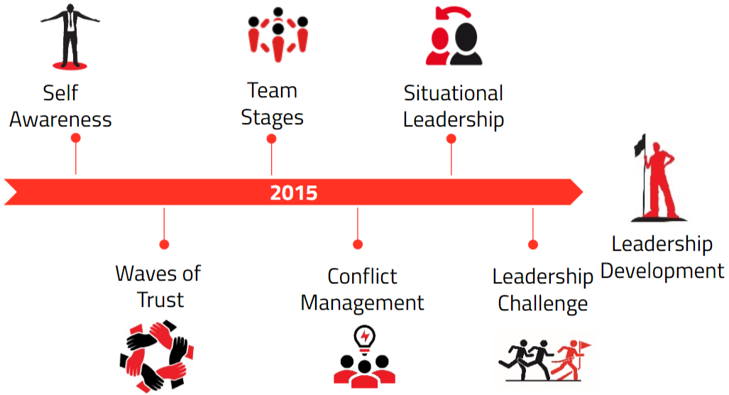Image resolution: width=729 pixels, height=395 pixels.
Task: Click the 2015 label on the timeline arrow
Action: pos(294,193)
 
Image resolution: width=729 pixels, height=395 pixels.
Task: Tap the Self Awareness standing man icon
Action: pos(70,36)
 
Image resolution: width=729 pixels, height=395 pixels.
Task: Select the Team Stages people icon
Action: pos(278,34)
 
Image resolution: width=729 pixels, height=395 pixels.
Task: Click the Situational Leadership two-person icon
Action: pos(454,36)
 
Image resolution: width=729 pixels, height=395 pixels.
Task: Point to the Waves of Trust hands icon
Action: pos(157,356)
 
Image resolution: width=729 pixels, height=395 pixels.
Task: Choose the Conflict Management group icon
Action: pos(365,357)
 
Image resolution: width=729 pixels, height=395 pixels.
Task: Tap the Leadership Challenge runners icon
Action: pos(544,360)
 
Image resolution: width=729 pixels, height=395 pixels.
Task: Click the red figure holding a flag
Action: pos(659,178)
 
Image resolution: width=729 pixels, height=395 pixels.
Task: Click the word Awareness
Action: pos(60,119)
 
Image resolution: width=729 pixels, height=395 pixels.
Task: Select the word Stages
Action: pos(272,118)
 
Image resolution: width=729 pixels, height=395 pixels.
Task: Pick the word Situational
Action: pos(454,93)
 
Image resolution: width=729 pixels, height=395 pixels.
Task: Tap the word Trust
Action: pos(160,300)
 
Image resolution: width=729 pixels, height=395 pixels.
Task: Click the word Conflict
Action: pos(362,276)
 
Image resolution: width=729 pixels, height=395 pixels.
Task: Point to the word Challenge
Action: pos(542,303)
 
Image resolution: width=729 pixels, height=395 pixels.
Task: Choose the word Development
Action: pos(662,271)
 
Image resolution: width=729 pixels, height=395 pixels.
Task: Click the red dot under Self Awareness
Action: pos(76,138)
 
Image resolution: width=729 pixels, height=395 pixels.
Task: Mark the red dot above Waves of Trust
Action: pos(164,244)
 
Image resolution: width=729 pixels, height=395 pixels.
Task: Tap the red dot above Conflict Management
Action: pos(358,244)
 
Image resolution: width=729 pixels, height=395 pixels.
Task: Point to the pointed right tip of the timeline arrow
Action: pos(583,192)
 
